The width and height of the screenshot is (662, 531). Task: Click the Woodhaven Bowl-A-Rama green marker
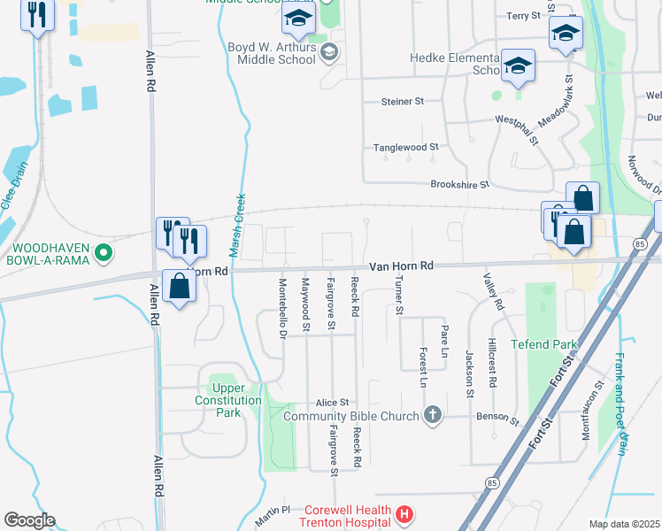pyautogui.click(x=104, y=254)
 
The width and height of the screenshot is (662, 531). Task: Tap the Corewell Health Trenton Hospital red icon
pyautogui.click(x=404, y=513)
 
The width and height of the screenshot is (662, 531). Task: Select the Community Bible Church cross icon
pyautogui.click(x=433, y=415)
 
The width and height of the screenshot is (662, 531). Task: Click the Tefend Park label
pyautogui.click(x=543, y=344)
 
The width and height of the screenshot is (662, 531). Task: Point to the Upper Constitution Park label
pyautogui.click(x=228, y=395)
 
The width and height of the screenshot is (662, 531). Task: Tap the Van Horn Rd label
pyautogui.click(x=401, y=265)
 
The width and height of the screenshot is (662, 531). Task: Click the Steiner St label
pyautogui.click(x=403, y=102)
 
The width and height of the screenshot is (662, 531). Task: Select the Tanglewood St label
pyautogui.click(x=406, y=147)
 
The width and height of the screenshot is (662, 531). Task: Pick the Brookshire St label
pyautogui.click(x=459, y=184)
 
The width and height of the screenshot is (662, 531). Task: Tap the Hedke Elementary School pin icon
pyautogui.click(x=518, y=66)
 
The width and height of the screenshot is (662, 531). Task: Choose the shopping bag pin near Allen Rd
pyautogui.click(x=179, y=287)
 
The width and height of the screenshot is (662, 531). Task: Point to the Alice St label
pyautogui.click(x=333, y=402)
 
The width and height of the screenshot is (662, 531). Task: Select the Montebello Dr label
pyautogui.click(x=282, y=309)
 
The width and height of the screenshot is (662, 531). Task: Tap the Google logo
pyautogui.click(x=29, y=519)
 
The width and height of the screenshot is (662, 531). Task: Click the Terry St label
pyautogui.click(x=523, y=16)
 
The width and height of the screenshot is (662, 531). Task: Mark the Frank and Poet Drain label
pyautogui.click(x=620, y=404)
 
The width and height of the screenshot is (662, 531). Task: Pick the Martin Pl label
pyautogui.click(x=274, y=511)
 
